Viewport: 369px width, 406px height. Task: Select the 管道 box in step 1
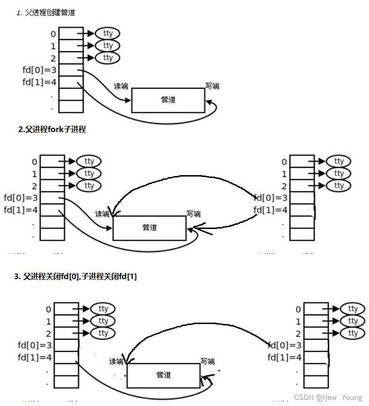(x=168, y=100)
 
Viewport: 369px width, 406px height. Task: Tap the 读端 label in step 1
(x=121, y=87)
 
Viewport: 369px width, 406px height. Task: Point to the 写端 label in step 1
(x=212, y=86)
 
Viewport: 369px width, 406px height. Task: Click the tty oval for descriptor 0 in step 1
(x=108, y=34)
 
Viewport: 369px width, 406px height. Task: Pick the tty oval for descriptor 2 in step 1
(x=108, y=58)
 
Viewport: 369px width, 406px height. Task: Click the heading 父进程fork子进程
(x=52, y=130)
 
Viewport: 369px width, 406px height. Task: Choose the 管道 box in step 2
(x=149, y=228)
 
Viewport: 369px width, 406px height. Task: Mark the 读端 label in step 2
(x=102, y=214)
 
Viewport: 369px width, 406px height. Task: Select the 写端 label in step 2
(x=193, y=214)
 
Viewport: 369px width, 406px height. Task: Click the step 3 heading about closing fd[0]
(x=75, y=277)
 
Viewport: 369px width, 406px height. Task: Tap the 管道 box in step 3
(x=163, y=375)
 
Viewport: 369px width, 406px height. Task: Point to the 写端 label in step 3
(x=207, y=362)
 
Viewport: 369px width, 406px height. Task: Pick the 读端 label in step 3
(x=116, y=362)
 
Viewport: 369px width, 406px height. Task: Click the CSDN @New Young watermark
(x=328, y=397)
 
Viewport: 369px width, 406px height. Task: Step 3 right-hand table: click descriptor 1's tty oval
(x=353, y=321)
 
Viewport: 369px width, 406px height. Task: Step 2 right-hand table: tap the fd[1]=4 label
(x=270, y=210)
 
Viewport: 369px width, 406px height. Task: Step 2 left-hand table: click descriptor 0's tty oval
(x=89, y=162)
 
